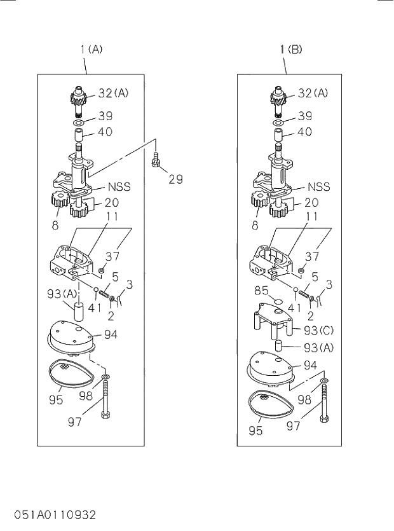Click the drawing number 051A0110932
pos(53,513)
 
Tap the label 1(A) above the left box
pos(92,49)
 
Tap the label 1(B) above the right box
pos(290,49)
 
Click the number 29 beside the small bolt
pos(175,179)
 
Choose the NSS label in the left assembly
pos(118,187)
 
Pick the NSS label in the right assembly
pos(319,187)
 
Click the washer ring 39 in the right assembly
pos(279,121)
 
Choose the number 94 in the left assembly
pos(111,334)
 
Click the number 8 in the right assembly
pos(255,224)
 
